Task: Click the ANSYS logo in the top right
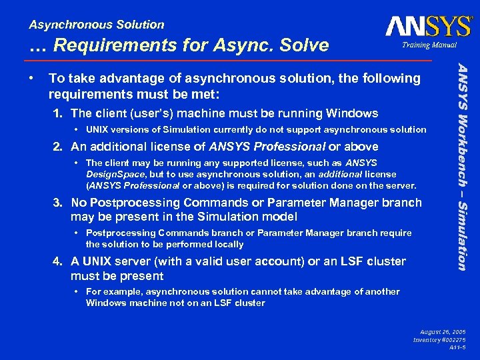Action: pos(428,26)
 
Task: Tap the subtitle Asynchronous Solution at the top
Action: pos(97,25)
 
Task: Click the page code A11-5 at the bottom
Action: pos(457,348)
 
